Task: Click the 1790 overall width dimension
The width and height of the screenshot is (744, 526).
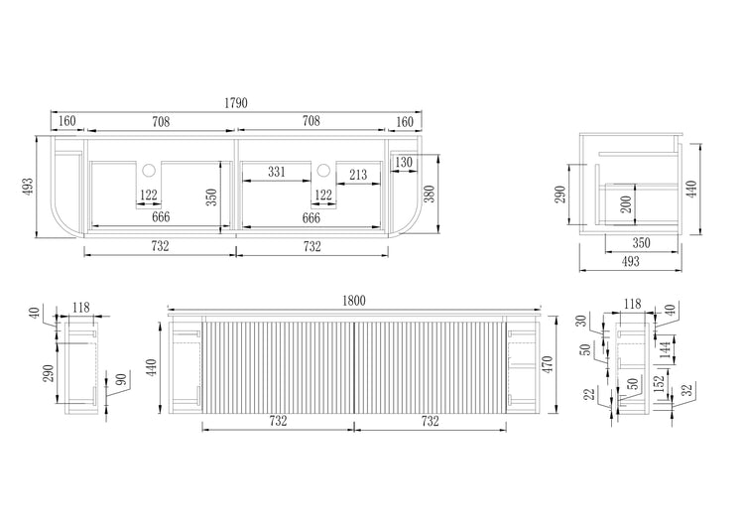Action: (235, 102)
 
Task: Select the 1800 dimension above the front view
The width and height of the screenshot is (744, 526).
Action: (354, 301)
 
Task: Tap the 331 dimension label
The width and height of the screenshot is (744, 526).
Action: (277, 173)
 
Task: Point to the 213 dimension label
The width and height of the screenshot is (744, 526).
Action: (357, 176)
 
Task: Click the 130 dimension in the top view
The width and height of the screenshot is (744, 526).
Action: (404, 163)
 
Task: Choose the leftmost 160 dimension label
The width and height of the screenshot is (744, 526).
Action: (66, 122)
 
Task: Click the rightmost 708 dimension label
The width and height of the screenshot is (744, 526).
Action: (310, 122)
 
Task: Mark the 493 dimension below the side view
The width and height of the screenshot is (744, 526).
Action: (630, 261)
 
